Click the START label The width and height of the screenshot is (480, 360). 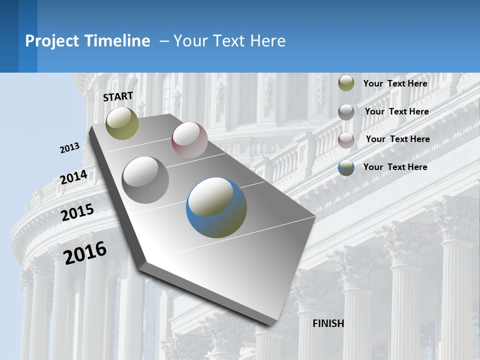(118, 96)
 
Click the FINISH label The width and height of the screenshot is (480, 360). (328, 323)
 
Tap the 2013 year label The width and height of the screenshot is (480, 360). (70, 148)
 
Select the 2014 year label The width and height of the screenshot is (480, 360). (73, 177)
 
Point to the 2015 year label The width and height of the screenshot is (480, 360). (77, 212)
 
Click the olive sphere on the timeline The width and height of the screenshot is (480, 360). (122, 123)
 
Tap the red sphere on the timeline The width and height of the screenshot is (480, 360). (189, 140)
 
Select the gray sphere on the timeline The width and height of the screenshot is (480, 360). (145, 179)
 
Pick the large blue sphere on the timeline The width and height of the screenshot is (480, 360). (216, 207)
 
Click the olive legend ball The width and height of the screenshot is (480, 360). (346, 83)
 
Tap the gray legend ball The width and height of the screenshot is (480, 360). (346, 112)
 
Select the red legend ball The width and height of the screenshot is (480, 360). (346, 140)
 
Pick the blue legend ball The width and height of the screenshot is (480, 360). (346, 167)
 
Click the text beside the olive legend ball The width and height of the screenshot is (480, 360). (395, 83)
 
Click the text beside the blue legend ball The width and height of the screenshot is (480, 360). (395, 167)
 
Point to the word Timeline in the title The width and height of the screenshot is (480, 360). (118, 41)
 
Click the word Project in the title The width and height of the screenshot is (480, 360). (52, 41)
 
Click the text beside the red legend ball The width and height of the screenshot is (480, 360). (397, 139)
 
